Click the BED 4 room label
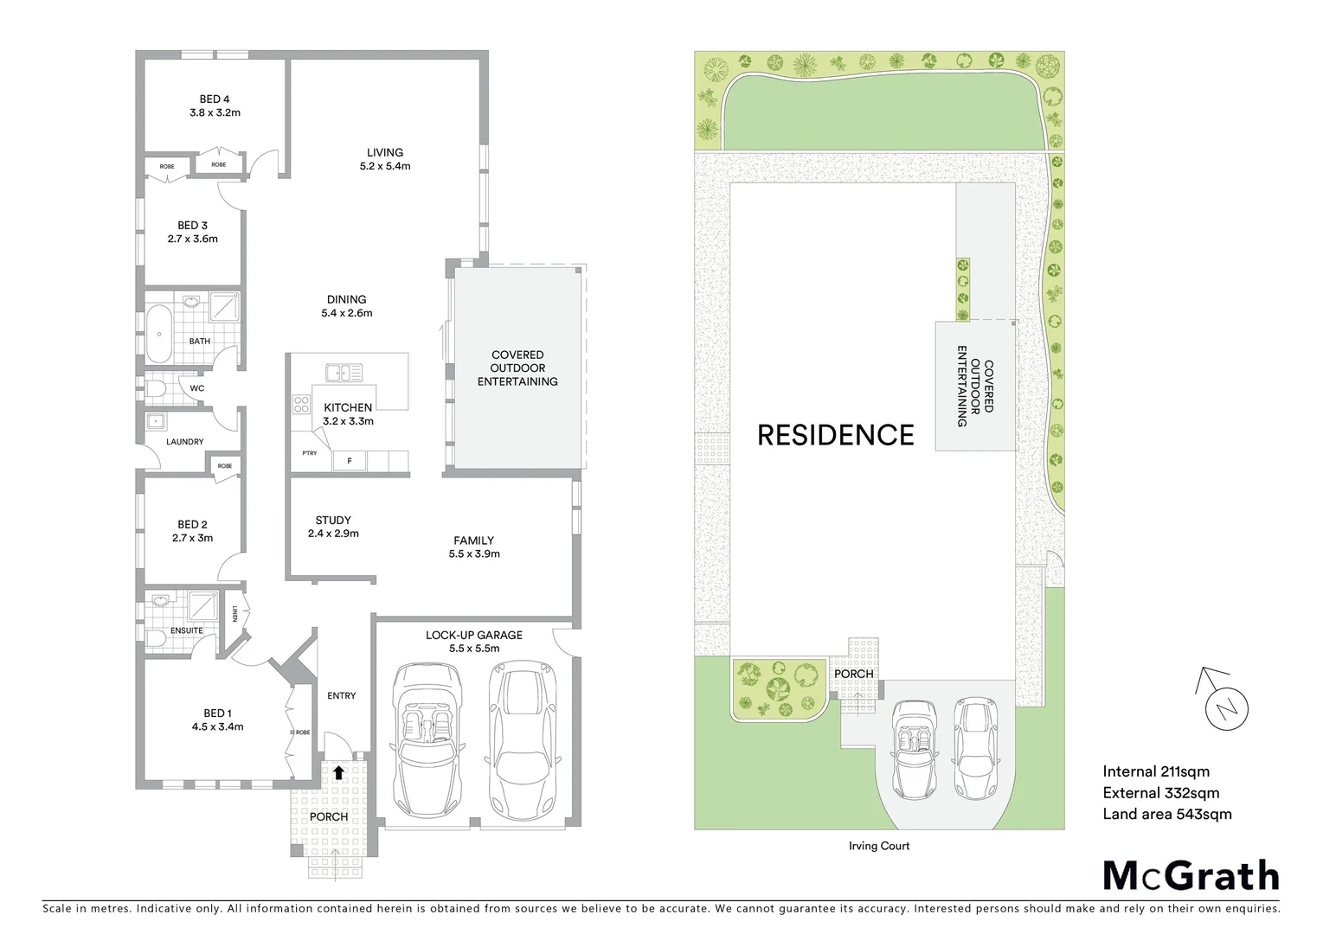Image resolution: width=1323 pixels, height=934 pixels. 215,106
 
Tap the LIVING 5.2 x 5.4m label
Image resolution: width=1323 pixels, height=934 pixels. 385,159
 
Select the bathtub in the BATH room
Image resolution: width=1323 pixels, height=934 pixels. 157,333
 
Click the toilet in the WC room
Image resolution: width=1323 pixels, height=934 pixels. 157,388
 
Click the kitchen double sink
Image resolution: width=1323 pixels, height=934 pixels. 344,373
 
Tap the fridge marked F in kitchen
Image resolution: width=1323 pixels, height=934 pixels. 350,461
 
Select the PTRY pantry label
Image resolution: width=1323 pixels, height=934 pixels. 309,453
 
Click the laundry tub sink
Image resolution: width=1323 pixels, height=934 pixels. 157,422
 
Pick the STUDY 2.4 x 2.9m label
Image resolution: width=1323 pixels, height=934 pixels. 333,527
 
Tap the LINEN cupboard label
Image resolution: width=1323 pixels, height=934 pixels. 234,614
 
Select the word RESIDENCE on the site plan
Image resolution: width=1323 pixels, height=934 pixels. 835,435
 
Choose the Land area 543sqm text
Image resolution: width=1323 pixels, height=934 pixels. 1166,814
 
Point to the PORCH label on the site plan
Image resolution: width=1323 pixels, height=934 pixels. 853,674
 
